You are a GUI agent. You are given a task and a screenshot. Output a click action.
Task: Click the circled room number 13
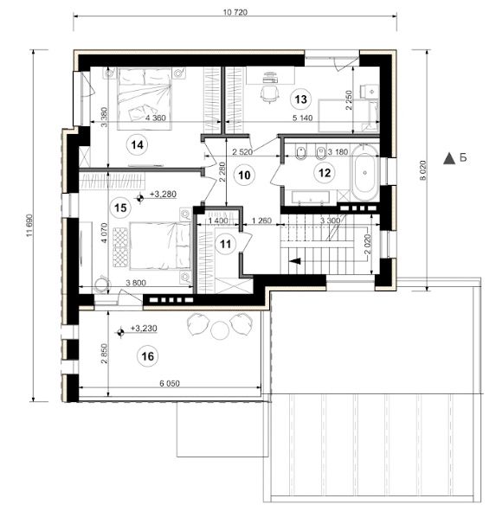pyautogui.click(x=300, y=99)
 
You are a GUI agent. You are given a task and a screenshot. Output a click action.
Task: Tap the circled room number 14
pyautogui.click(x=138, y=144)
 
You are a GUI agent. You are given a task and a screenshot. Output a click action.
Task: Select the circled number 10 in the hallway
pyautogui.click(x=244, y=176)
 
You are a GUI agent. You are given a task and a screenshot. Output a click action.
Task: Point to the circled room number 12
pyautogui.click(x=325, y=173)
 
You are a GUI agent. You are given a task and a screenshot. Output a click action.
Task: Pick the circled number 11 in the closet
pyautogui.click(x=225, y=244)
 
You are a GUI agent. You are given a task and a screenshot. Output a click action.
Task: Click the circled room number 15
pyautogui.click(x=120, y=208)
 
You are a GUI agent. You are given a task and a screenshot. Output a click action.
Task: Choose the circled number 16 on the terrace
pyautogui.click(x=147, y=356)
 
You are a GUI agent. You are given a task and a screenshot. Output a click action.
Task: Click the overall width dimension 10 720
pyautogui.click(x=235, y=12)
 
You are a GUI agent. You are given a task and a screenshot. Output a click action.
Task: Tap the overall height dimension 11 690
pyautogui.click(x=29, y=226)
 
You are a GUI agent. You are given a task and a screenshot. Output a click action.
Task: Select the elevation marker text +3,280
pyautogui.click(x=163, y=195)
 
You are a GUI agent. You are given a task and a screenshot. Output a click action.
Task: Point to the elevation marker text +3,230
pyautogui.click(x=144, y=329)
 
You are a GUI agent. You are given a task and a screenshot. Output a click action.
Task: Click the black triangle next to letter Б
pyautogui.click(x=449, y=158)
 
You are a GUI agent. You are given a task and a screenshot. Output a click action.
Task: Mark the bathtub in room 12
pyautogui.click(x=364, y=173)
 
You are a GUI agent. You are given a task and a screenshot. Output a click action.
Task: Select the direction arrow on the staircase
pyautogui.click(x=295, y=261)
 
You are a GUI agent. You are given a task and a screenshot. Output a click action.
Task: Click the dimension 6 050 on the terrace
pyautogui.click(x=170, y=384)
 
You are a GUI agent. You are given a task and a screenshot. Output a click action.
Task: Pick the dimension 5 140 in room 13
pyautogui.click(x=302, y=118)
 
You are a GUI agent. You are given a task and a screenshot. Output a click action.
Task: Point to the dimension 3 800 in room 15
pyautogui.click(x=136, y=283)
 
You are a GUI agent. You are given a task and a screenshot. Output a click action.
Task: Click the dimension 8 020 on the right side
pyautogui.click(x=422, y=169)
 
